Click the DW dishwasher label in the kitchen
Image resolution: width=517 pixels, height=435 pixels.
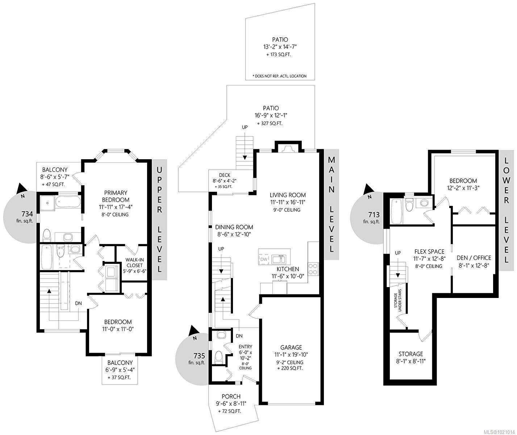(264, 260)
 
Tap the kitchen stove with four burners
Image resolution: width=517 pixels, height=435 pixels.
(313, 269)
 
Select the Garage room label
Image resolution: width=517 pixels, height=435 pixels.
(291, 347)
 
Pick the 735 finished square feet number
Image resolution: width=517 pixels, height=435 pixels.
(199, 355)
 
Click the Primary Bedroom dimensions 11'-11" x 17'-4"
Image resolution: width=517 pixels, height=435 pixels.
(116, 207)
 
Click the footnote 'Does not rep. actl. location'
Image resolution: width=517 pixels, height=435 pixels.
(280, 76)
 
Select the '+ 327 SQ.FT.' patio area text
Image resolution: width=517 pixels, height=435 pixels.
(270, 123)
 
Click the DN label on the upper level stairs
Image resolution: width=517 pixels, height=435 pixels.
(79, 303)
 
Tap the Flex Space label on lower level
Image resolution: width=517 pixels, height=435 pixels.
(429, 252)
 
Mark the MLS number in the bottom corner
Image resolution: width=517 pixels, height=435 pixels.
(499, 431)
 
